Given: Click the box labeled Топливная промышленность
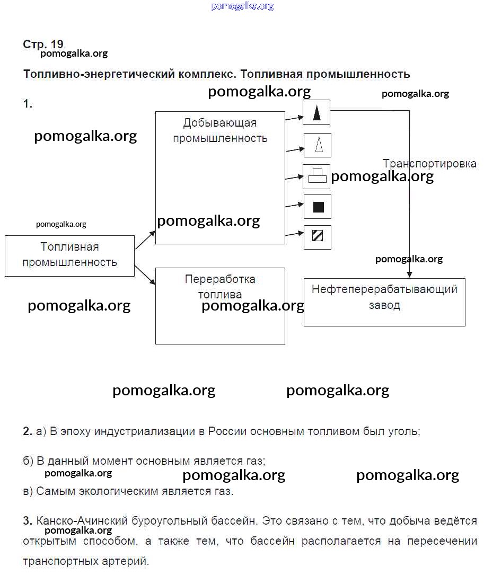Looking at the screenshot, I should pyautogui.click(x=69, y=255).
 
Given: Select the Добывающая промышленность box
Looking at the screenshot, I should pyautogui.click(x=220, y=178).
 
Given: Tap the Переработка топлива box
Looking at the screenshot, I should pyautogui.click(x=220, y=306).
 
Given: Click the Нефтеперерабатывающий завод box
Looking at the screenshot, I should pyautogui.click(x=384, y=302).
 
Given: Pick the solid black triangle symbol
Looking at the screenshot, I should pyautogui.click(x=317, y=112).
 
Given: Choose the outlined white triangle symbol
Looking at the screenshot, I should pyautogui.click(x=318, y=145).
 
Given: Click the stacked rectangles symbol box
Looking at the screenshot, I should pyautogui.click(x=317, y=176).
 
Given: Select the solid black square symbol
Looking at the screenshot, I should pyautogui.click(x=318, y=207).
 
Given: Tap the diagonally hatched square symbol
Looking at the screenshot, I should pyautogui.click(x=318, y=237).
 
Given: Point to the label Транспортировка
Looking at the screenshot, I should pyautogui.click(x=429, y=164).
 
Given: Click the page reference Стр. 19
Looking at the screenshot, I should pyautogui.click(x=43, y=44).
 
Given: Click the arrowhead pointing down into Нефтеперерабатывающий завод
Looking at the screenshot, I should pyautogui.click(x=409, y=274).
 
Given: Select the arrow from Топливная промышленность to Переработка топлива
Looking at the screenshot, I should pyautogui.click(x=145, y=275).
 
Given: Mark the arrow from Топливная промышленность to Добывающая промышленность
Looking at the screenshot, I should pyautogui.click(x=145, y=240).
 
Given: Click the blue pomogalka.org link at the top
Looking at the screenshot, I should pyautogui.click(x=242, y=6).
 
